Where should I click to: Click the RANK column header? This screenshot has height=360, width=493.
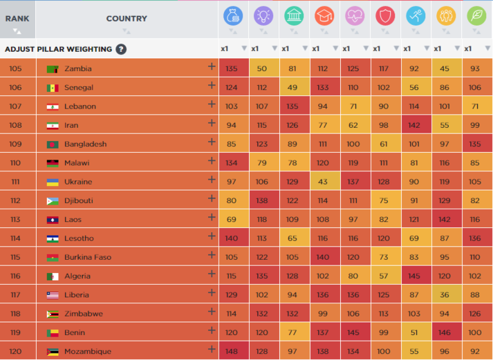pos(17,19)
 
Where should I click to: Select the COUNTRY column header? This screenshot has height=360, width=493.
pos(127,19)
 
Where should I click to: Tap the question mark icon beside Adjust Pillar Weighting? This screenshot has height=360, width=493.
pos(121,49)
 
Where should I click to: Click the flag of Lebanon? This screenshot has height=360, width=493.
pos(52,106)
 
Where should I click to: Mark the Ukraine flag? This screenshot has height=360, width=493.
pos(52,182)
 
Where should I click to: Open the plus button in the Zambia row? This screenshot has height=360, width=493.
pos(212,67)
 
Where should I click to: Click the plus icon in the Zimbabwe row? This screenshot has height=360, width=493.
pos(212,312)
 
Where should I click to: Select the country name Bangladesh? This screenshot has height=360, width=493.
pos(85,144)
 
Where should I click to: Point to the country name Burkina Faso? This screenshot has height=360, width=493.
pos(88,257)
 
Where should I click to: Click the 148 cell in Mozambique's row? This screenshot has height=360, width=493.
pos(232,351)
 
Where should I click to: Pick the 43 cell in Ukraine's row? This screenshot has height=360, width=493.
pos(323,182)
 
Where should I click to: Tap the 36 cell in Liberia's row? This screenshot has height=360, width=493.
pos(445,294)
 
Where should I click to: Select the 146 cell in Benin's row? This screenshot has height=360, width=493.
pos(445,332)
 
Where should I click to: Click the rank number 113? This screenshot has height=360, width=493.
pos(16,220)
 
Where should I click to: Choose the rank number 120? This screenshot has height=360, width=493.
pos(16,351)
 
